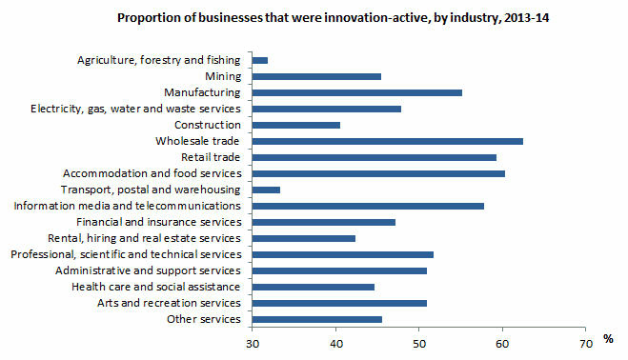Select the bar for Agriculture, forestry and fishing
(x=260, y=60)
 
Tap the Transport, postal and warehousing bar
(x=266, y=190)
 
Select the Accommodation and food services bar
(x=378, y=173)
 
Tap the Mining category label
(x=222, y=76)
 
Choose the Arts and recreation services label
(x=168, y=303)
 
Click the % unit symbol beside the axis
(x=608, y=340)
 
